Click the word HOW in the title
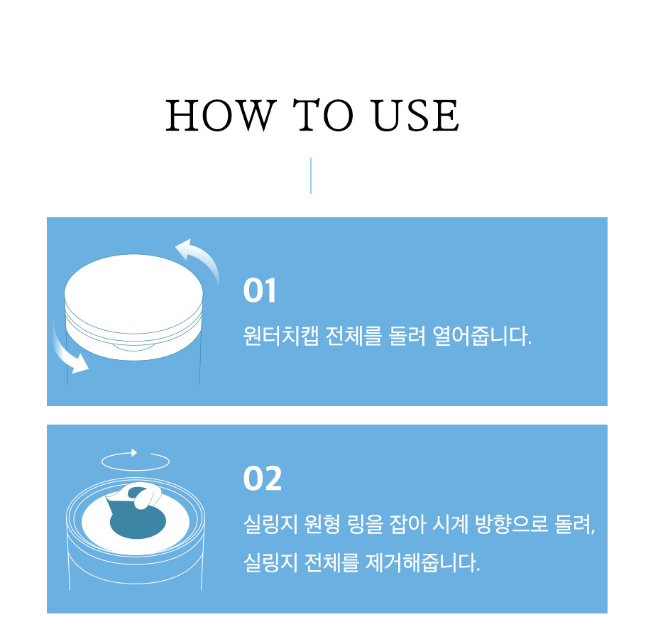(x=221, y=116)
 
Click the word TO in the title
(x=323, y=116)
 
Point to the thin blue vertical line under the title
(x=311, y=175)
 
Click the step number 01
(x=260, y=290)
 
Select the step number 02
(x=263, y=479)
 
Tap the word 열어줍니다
(x=482, y=335)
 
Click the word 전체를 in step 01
(x=353, y=335)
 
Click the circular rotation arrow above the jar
(x=136, y=461)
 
